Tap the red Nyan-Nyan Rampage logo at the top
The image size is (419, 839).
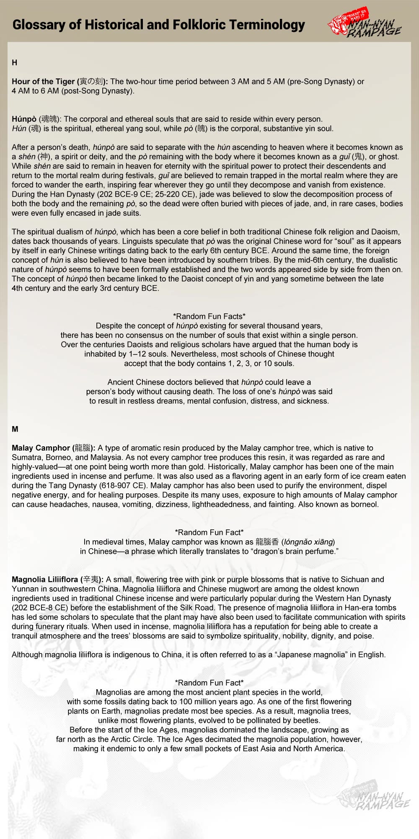[364, 25]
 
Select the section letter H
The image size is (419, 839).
[15, 63]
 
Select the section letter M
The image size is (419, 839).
[15, 429]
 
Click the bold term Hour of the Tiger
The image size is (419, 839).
[43, 81]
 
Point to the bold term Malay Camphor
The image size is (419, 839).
[41, 448]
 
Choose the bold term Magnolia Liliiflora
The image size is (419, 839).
[45, 579]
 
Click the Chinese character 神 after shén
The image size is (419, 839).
[44, 157]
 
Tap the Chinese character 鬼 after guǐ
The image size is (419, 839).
[358, 157]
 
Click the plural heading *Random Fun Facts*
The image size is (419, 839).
[209, 316]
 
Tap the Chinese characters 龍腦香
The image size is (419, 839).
[267, 542]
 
